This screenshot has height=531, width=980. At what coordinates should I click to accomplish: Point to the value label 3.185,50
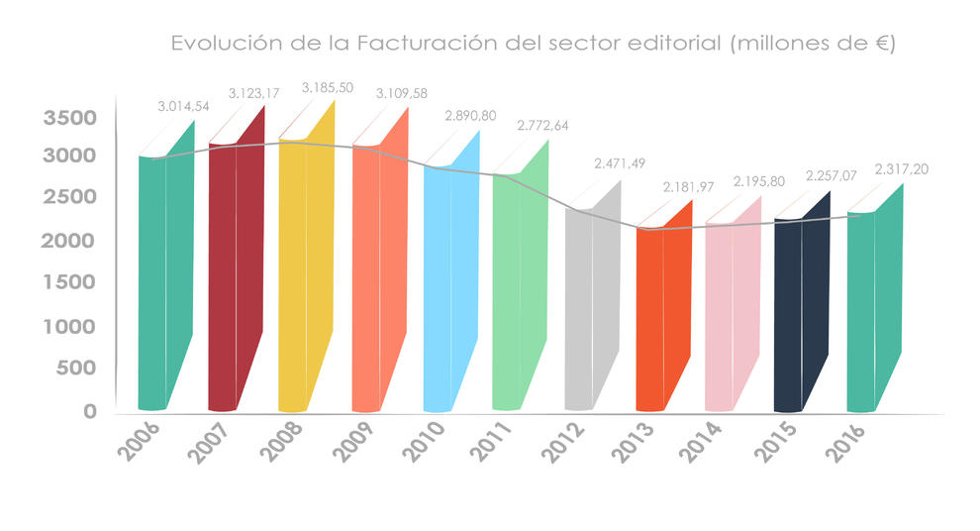tap(327, 87)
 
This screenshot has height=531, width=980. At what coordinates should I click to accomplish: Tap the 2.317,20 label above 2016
tap(901, 169)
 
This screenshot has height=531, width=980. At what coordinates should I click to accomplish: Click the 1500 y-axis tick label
tap(69, 282)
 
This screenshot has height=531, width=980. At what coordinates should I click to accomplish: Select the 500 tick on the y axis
tap(76, 368)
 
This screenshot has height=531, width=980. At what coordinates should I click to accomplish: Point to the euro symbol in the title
tap(876, 45)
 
